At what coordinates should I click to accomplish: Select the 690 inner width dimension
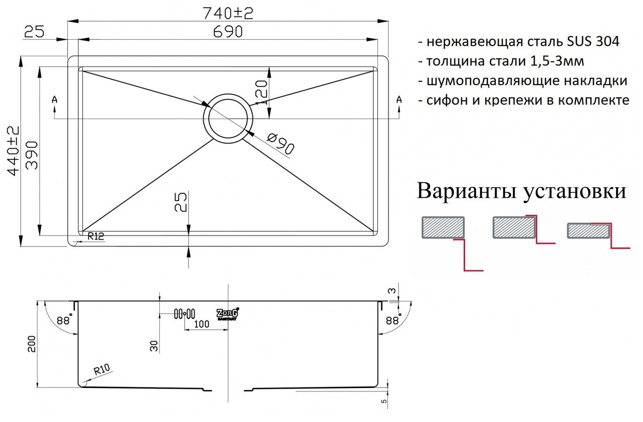tap(228, 31)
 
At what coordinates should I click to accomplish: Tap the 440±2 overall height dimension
tap(13, 150)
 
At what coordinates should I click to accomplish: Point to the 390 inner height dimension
tap(32, 155)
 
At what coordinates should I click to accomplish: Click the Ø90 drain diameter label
tap(280, 143)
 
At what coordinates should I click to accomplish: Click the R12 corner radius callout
tap(96, 236)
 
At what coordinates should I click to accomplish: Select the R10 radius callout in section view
tap(101, 369)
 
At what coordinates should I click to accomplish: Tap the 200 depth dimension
tap(32, 343)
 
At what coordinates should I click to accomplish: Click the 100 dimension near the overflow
tap(201, 323)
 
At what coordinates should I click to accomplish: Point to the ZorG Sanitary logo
tap(227, 313)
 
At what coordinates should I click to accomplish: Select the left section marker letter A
tap(55, 99)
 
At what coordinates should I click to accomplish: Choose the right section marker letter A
tap(399, 99)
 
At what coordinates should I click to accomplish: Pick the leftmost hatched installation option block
tap(443, 227)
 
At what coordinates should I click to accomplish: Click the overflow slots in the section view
tap(184, 313)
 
